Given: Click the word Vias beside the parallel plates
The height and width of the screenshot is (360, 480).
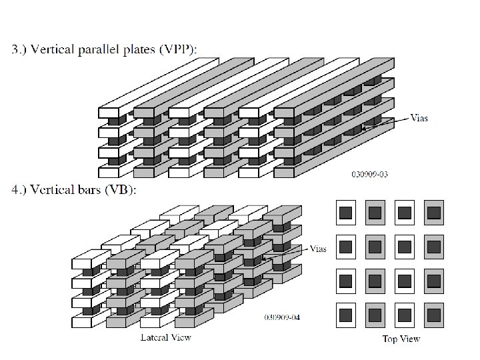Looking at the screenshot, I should point(420,118).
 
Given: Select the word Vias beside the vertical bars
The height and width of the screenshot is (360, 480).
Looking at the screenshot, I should point(319,249).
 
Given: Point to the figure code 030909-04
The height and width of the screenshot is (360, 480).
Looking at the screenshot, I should point(282,317).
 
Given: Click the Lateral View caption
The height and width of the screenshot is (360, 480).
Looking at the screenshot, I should point(166,337).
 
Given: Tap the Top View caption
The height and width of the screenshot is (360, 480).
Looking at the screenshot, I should point(401,339).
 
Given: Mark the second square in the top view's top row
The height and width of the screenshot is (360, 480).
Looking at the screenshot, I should point(375,213).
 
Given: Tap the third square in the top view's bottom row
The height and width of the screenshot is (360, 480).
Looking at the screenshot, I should point(404,313).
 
